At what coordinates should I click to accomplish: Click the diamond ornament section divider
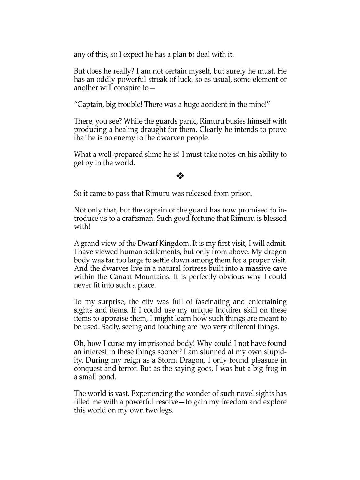click(180, 176)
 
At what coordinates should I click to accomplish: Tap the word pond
click(107, 377)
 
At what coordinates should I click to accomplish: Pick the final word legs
click(165, 410)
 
